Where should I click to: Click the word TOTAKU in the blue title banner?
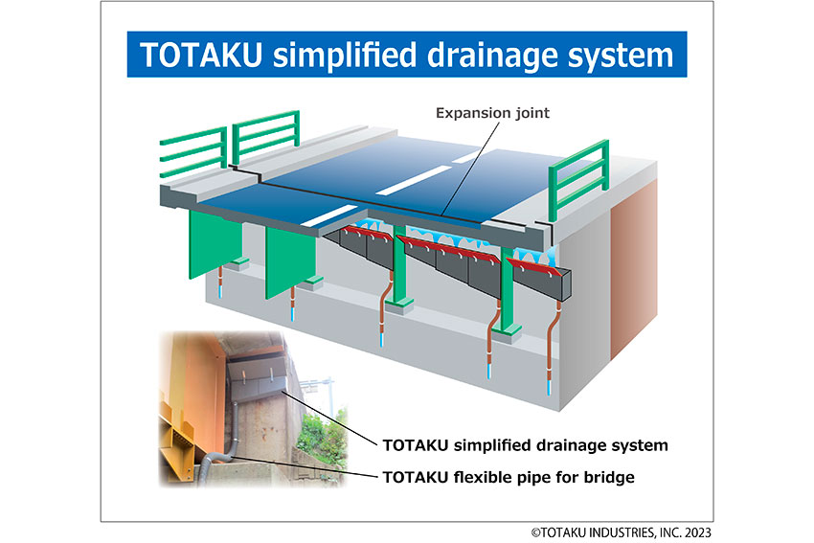point(200,55)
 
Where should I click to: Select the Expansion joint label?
point(492,113)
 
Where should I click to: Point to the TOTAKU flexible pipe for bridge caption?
point(509,477)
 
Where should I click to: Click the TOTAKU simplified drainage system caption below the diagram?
point(525,445)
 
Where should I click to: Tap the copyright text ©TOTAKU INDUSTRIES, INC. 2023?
point(621,532)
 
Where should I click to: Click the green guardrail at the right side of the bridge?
point(577,175)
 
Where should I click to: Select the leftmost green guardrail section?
point(193,151)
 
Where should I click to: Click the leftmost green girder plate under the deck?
point(215,243)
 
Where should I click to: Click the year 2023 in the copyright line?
point(698,532)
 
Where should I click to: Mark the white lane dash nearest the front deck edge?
point(329,215)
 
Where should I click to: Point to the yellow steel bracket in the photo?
point(180,441)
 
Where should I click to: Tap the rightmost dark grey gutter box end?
point(565,285)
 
